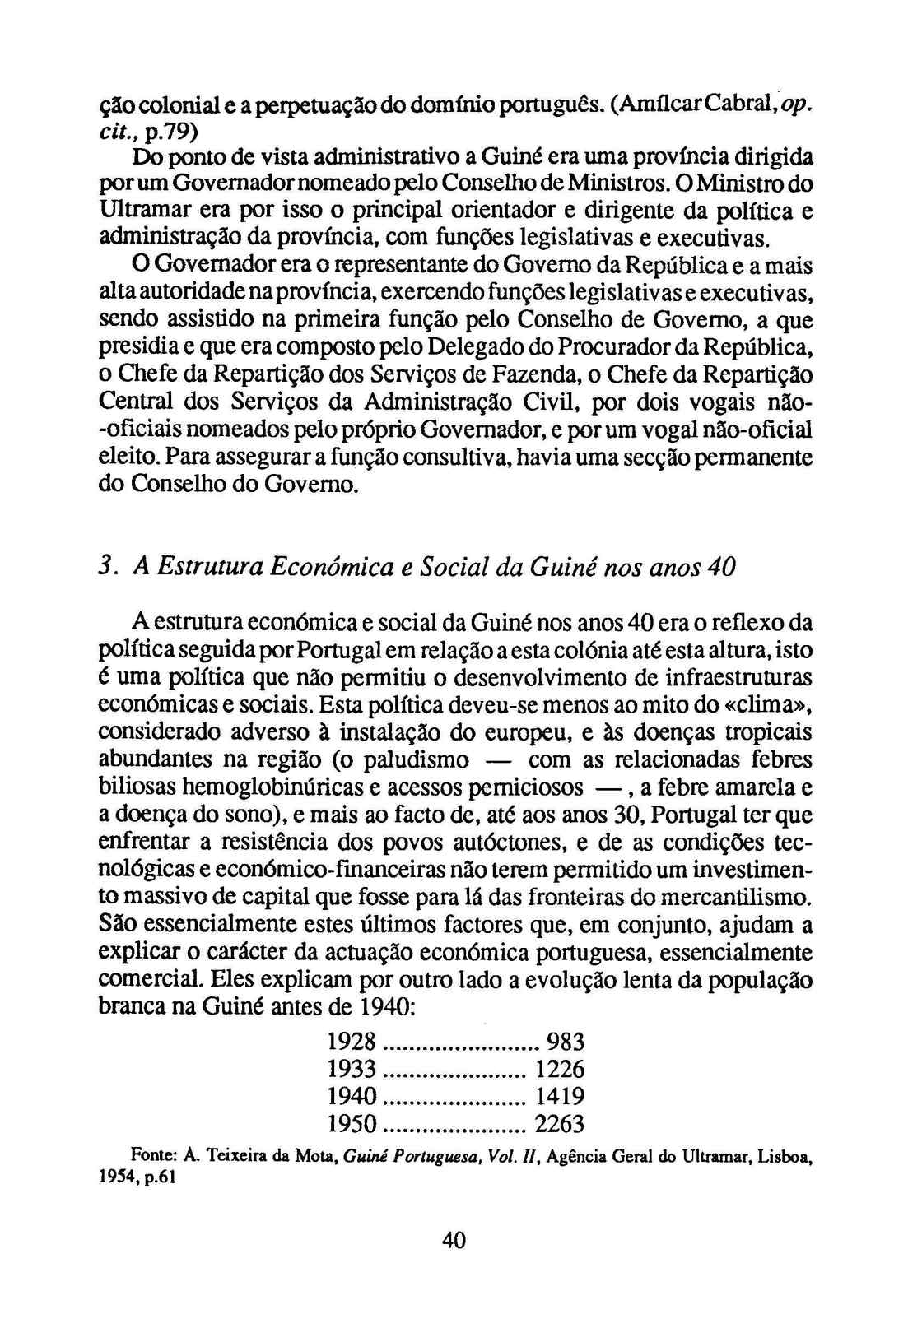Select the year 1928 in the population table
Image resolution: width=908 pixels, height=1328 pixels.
coord(352,1042)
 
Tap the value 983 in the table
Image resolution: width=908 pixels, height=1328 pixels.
coord(566,1042)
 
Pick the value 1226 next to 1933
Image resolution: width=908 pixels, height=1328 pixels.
coord(560,1069)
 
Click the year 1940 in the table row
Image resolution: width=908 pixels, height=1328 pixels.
coord(352,1096)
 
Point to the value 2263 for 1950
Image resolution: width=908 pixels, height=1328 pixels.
coord(559,1123)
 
